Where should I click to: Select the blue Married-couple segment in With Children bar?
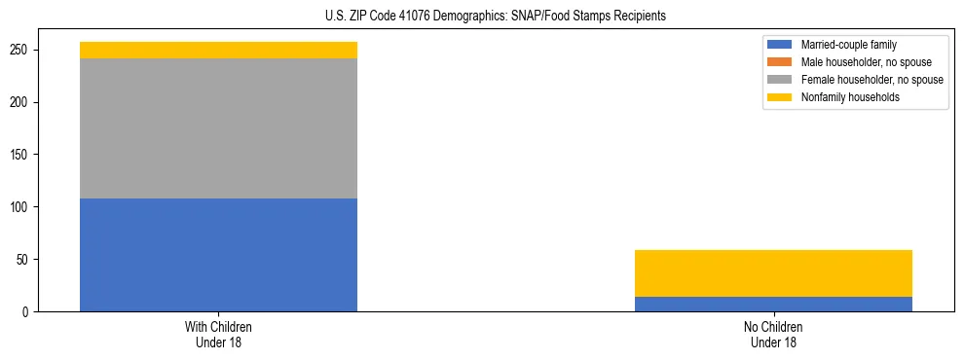click(218, 255)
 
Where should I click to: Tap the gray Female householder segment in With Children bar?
click(218, 128)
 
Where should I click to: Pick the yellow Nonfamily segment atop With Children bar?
click(218, 50)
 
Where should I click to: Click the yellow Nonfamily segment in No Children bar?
click(773, 273)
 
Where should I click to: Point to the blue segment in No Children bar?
click(773, 305)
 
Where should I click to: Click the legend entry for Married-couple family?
click(848, 45)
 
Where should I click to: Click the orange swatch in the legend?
click(780, 62)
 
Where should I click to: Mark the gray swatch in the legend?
click(780, 80)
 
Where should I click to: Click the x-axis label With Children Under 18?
click(218, 335)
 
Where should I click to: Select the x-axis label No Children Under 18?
click(773, 335)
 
